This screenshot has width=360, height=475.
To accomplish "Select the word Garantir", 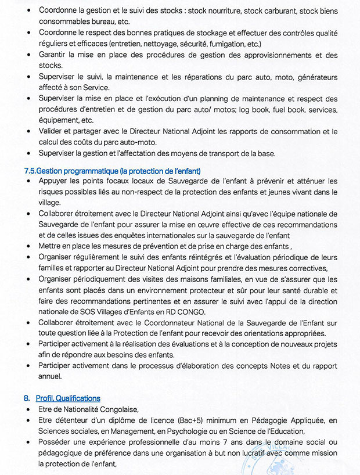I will coord(55,55).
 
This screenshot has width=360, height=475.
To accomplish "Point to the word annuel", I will coord(51,377).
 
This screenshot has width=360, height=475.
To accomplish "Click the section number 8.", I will coord(27,398).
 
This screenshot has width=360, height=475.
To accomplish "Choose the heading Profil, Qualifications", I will coord(68,398).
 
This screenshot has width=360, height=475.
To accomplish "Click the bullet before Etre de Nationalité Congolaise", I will coord(29,410).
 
